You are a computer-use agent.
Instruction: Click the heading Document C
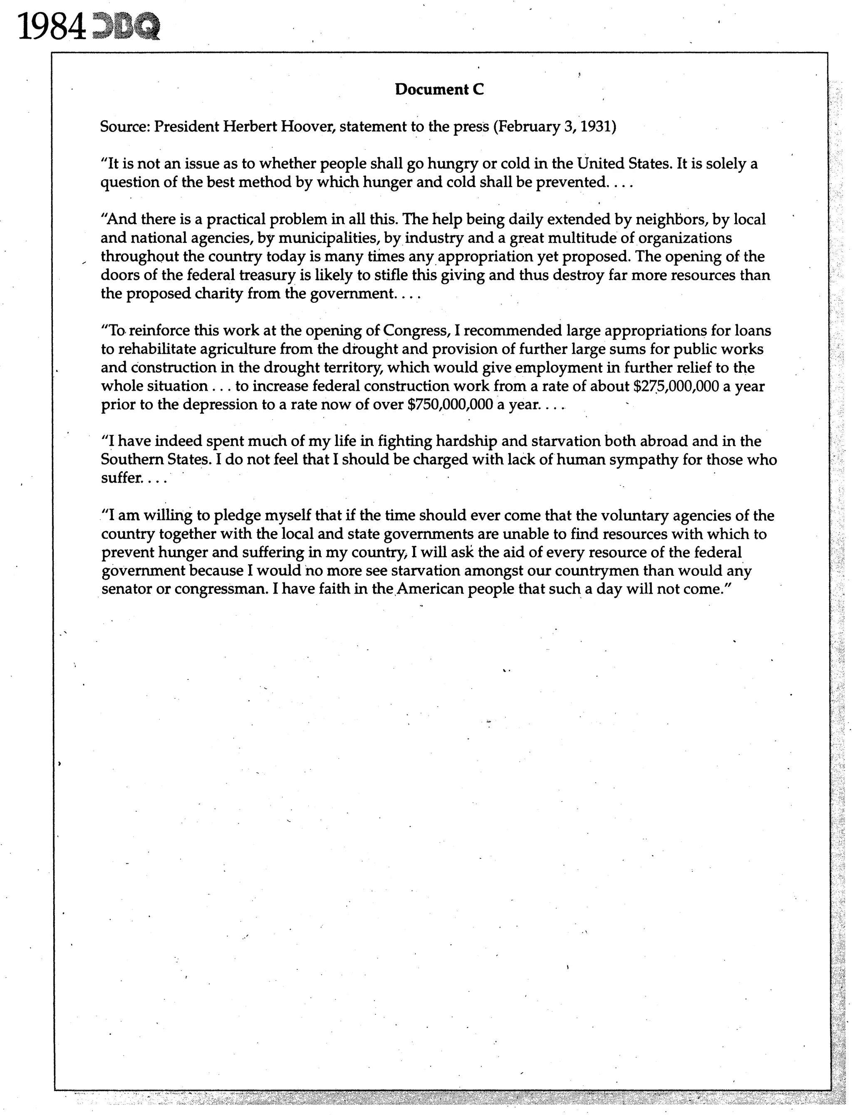pyautogui.click(x=439, y=90)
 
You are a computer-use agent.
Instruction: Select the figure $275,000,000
pyautogui.click(x=676, y=387)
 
